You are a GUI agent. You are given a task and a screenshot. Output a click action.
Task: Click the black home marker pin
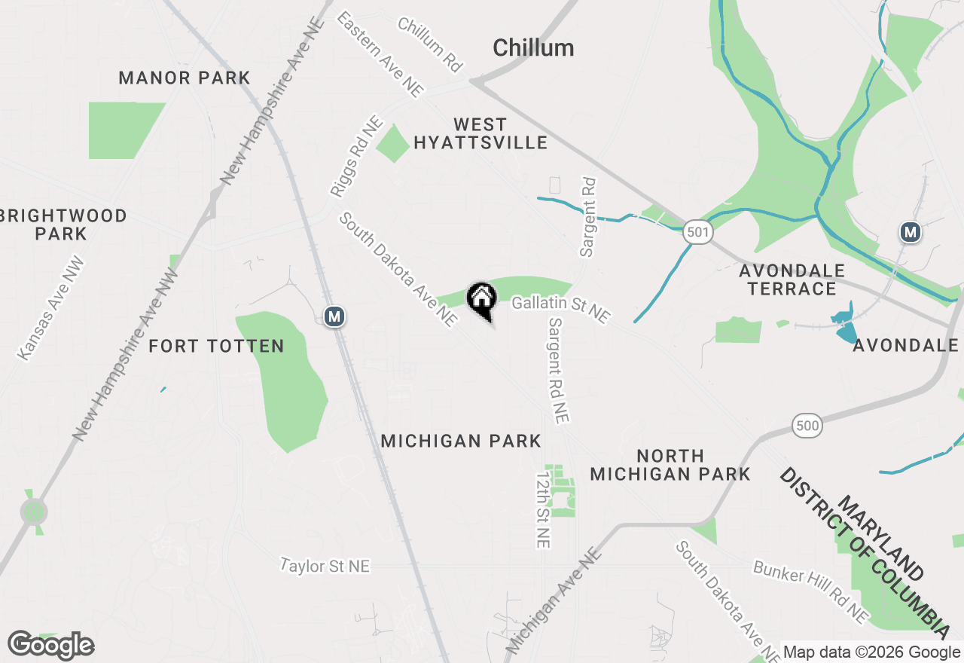click(x=481, y=301)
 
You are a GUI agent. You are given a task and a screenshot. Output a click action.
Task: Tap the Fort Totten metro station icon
click(x=334, y=317)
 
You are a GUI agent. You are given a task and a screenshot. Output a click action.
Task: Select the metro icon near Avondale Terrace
click(x=911, y=233)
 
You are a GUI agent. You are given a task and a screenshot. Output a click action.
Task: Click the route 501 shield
click(x=698, y=232)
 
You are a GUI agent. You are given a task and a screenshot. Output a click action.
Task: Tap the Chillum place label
click(x=533, y=48)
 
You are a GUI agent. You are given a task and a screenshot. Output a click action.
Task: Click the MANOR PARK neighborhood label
click(x=185, y=78)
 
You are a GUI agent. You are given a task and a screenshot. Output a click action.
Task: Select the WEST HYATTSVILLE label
click(x=480, y=133)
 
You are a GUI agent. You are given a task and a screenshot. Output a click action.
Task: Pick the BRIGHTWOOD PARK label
click(x=63, y=225)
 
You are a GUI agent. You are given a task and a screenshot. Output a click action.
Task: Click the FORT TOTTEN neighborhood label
click(x=216, y=347)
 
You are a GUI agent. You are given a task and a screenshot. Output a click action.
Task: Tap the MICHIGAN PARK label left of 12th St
click(x=461, y=441)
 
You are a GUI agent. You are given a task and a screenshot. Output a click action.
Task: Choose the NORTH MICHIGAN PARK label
click(x=670, y=465)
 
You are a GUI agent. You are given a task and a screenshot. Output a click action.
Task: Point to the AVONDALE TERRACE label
click(x=792, y=280)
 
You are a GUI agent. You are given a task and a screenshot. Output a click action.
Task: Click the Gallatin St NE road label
click(x=560, y=308)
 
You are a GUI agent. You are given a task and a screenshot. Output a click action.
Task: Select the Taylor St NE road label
click(x=325, y=565)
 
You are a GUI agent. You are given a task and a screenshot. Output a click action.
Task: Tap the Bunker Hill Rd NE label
click(x=811, y=592)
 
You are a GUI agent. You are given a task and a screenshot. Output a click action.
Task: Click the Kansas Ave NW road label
click(x=52, y=309)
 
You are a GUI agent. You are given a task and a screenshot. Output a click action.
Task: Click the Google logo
click(x=50, y=646)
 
